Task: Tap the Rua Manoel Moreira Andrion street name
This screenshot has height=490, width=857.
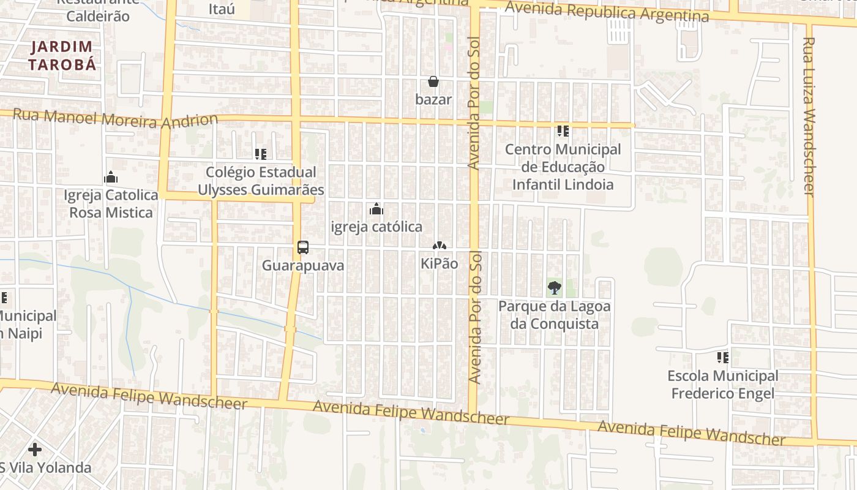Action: point(115,118)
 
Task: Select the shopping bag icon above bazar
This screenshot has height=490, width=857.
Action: point(433,81)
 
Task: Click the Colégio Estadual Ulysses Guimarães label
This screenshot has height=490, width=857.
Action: point(260,181)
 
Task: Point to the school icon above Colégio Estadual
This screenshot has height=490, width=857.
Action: point(261,154)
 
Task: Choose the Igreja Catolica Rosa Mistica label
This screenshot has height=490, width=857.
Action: point(111,204)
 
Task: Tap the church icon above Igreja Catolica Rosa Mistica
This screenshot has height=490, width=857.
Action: point(111,178)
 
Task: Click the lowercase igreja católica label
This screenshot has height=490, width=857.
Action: point(376,227)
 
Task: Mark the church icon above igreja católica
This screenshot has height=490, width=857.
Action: point(376,209)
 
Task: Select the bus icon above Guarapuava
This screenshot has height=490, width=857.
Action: point(303,247)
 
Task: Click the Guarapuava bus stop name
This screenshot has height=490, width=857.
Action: point(303,265)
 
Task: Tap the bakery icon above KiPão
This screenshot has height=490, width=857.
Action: point(440,246)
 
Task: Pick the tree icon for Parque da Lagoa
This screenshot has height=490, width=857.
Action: point(554,287)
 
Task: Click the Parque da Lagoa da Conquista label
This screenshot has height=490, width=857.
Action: point(554,314)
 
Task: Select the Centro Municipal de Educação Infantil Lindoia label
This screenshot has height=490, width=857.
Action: point(563,167)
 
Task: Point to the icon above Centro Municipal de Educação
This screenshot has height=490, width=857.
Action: point(563,130)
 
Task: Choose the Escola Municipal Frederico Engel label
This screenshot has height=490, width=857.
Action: point(723,384)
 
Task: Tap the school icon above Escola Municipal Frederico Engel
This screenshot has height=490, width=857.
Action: point(723,357)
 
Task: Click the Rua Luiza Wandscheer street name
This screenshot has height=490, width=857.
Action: point(809,116)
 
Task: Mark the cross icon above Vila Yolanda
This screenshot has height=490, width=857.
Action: point(35,450)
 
